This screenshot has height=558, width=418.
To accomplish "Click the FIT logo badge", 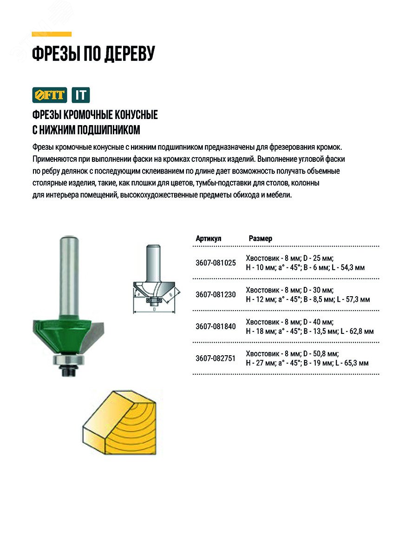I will pos(50,95).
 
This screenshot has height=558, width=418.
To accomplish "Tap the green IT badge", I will pos(81,95).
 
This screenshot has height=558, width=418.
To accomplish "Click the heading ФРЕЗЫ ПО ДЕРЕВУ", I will pos(93,54).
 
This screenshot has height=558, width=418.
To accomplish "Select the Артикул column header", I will pos(209,239).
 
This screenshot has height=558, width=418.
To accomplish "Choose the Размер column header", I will pos(261,239).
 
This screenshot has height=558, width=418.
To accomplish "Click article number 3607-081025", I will pos(216,263).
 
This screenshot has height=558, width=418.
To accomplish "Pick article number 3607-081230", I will pos(216,294).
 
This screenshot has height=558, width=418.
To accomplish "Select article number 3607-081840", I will pos(216,326).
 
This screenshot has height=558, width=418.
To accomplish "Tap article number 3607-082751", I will pos(216,358).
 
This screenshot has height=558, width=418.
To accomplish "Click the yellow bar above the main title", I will pos(52,34).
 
